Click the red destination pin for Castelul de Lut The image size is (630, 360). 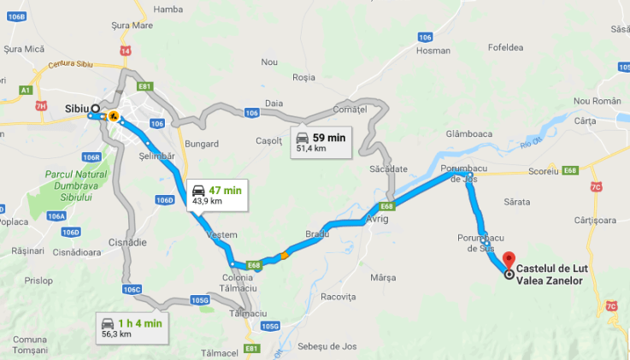click(x=510, y=259)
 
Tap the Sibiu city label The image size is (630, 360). click(x=76, y=109)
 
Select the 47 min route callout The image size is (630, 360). click(x=215, y=194)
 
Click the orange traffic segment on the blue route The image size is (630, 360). click(x=285, y=253)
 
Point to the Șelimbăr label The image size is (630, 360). click(x=156, y=155)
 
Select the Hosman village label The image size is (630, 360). click(x=433, y=50)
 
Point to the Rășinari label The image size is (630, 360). click(x=27, y=251)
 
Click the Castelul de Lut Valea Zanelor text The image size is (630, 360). click(x=556, y=274)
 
